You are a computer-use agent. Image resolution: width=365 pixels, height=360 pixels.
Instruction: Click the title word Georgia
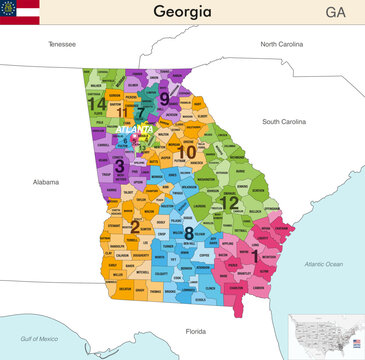point(182,12)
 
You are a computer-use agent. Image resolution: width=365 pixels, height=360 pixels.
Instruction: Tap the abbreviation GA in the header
point(338,12)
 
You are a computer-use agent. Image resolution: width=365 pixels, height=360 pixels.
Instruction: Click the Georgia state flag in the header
point(20,12)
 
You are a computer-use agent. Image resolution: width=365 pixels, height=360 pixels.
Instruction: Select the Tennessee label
point(62,45)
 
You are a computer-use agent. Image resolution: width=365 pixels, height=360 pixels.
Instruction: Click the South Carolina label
point(283,121)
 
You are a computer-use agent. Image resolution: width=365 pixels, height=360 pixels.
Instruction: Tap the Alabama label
point(46,183)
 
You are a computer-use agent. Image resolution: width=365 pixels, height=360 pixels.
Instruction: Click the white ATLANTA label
point(134,130)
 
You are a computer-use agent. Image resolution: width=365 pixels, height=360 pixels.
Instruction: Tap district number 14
point(97,103)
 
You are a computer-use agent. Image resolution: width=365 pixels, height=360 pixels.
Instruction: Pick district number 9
point(164,98)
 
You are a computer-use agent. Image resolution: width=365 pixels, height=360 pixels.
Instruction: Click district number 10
point(186,152)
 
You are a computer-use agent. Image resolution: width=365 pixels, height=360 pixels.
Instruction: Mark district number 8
point(188,232)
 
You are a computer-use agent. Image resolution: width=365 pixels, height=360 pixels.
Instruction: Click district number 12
point(230,202)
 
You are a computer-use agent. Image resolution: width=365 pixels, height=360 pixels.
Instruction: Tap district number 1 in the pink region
point(255,255)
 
